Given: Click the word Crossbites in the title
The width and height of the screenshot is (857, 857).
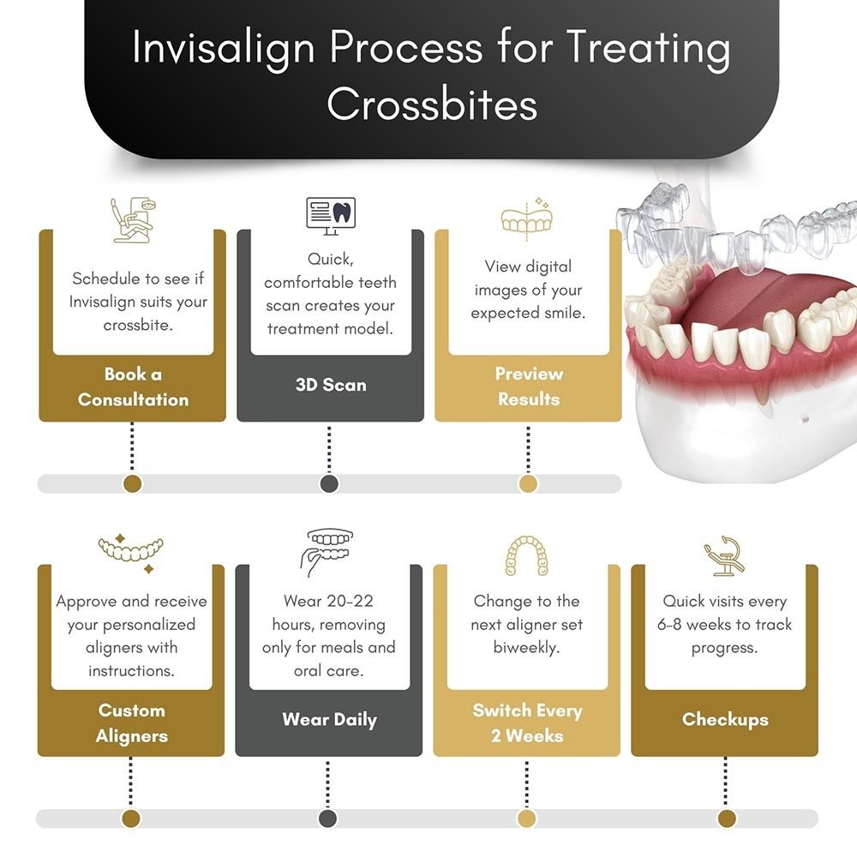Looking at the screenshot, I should click(432, 105).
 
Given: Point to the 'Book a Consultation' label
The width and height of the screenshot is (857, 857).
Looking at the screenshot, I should click(133, 387).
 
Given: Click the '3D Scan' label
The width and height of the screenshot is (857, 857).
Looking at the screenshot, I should click(331, 385).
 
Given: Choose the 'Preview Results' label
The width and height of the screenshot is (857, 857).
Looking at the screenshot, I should click(529, 387).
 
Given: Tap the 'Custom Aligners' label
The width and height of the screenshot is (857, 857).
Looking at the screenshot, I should click(132, 722).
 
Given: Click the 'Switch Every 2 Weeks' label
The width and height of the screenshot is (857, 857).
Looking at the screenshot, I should click(527, 722).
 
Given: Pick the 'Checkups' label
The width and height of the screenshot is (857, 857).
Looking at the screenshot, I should click(725, 719).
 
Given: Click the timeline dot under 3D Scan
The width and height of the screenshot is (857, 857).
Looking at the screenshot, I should click(329, 484).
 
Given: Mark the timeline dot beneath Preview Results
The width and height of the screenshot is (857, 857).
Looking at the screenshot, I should click(528, 484).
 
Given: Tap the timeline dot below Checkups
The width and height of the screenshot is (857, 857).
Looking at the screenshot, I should click(726, 818).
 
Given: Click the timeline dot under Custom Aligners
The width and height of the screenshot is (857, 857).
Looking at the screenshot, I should click(131, 818).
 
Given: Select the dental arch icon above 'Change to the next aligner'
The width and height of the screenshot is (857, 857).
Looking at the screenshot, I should click(526, 555).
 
